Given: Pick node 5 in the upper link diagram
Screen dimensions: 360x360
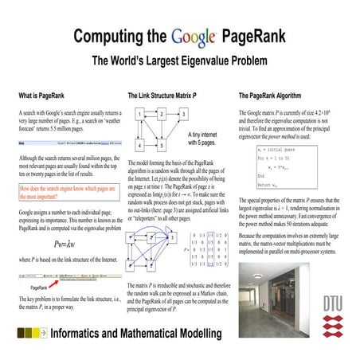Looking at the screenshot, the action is click(x=161, y=146).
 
